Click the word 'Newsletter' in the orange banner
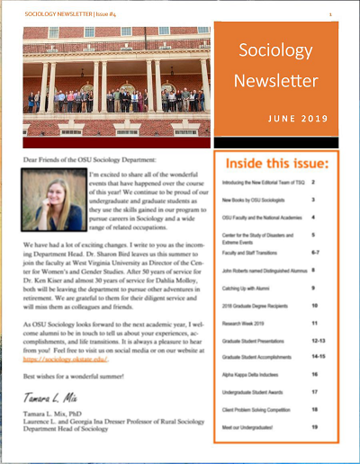[280, 81]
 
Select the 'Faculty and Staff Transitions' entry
[253, 253]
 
